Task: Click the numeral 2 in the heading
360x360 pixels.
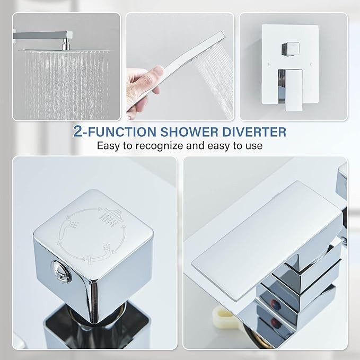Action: (x=77, y=131)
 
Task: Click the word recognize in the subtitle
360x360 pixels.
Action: (x=160, y=146)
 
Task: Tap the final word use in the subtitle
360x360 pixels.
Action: (x=254, y=146)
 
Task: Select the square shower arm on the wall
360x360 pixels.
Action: (x=43, y=35)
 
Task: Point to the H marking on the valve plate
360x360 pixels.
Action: (x=269, y=65)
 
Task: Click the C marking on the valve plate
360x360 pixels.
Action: (x=311, y=65)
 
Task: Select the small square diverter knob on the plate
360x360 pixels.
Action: (x=291, y=49)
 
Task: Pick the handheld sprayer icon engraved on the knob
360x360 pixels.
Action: (x=69, y=227)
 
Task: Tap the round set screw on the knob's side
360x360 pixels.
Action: (x=61, y=271)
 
